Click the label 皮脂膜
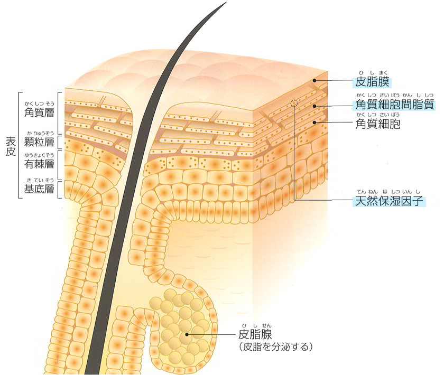point(372,82)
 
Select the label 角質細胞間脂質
point(395,105)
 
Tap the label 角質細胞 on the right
point(378,124)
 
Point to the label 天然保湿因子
point(389,201)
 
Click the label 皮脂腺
point(255,334)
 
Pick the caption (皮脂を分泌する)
point(276,347)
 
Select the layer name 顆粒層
point(39,142)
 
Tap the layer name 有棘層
point(39,164)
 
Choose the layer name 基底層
point(39,189)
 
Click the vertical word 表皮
point(11,147)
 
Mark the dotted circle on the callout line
point(294,103)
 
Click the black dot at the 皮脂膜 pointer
point(314,80)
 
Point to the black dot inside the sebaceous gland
point(187,334)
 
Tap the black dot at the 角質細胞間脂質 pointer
point(314,106)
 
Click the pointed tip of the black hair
point(226,2)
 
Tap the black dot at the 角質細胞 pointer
point(314,122)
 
